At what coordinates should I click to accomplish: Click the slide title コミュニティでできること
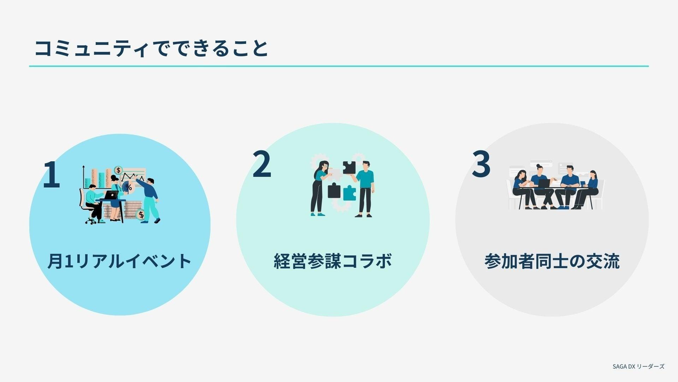click(151, 48)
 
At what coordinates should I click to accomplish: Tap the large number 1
click(52, 174)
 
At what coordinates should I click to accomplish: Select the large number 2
click(262, 164)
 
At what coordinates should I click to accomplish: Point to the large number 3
click(481, 164)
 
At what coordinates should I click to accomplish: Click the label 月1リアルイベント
click(119, 261)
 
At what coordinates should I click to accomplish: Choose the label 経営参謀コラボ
click(332, 261)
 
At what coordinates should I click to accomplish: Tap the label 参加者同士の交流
click(552, 261)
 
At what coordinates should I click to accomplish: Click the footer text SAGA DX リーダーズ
click(638, 366)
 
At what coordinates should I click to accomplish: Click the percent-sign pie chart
click(128, 187)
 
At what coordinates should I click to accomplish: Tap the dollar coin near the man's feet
click(141, 215)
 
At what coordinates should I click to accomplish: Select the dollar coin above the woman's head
click(119, 170)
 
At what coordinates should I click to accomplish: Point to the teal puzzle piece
click(349, 193)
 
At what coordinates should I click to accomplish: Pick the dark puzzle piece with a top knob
click(334, 191)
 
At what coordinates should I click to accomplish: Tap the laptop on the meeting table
click(544, 183)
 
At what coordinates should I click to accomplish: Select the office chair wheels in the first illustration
click(90, 221)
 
